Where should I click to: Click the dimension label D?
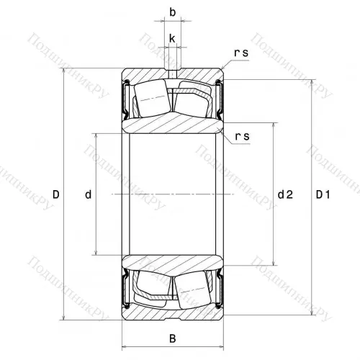[55, 194]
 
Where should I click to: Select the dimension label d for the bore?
[88, 194]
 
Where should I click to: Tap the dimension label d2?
[286, 194]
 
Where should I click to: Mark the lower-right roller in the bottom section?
[196, 288]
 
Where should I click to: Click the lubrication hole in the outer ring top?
[173, 73]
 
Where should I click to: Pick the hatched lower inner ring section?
[173, 264]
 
